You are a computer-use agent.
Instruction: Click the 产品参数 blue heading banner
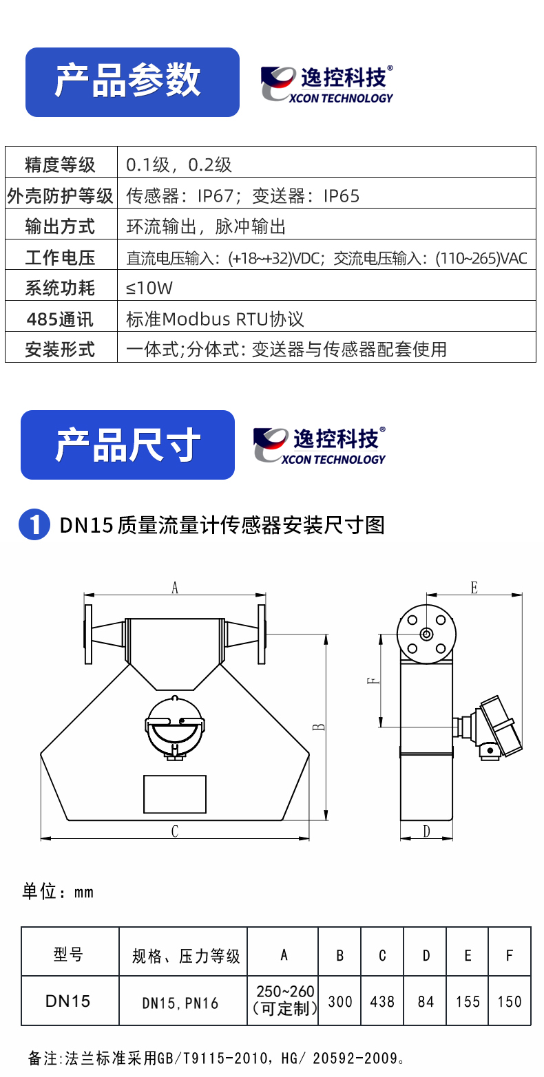pos(132,82)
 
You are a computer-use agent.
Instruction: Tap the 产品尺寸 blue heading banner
pos(127,445)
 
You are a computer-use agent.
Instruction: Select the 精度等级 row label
pos(61,165)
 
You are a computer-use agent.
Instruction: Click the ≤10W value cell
pos(149,288)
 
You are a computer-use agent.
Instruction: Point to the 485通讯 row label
pos(60,319)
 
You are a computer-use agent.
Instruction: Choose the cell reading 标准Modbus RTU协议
pos(215,319)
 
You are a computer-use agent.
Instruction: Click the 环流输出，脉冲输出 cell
pos(206,226)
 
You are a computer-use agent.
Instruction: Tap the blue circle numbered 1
pos(34,524)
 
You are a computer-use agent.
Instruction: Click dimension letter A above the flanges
pos(175,588)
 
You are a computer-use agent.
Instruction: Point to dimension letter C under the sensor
pos(175,831)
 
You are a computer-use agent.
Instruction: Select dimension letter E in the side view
pos(474,588)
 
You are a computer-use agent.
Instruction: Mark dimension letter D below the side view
pos(426,831)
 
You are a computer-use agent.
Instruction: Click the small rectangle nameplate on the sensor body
pos(175,793)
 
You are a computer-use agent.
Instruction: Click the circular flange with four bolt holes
pos(426,635)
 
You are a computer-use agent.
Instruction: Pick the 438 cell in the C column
pos(382,1001)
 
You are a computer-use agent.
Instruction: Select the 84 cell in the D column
pos(426,1001)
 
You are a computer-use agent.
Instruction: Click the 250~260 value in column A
pos(285,991)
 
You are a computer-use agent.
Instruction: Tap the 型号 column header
pos(68,955)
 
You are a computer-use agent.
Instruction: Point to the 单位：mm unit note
pos(58,891)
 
